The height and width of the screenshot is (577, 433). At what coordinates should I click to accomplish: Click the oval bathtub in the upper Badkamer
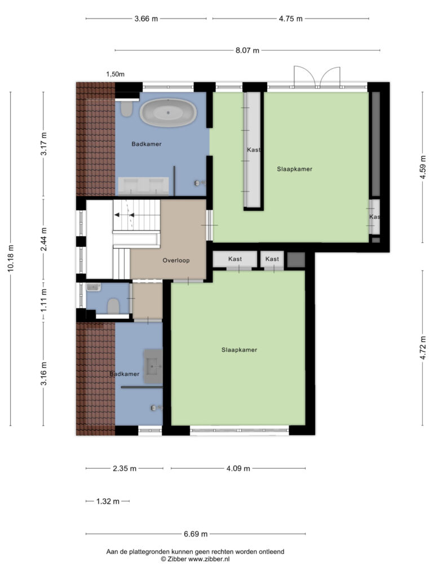point(168,113)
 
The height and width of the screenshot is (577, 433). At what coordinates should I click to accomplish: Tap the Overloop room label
point(176,260)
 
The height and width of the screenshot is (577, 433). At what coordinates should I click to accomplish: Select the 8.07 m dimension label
point(248,50)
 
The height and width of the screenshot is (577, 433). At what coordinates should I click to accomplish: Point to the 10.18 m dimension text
point(10,259)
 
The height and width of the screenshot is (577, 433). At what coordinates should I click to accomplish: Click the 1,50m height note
point(115,74)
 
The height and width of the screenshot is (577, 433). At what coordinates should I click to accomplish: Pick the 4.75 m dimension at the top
point(290,19)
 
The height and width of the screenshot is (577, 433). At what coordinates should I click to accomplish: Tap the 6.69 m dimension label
point(196,534)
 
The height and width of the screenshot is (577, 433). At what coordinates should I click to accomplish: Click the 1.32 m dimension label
point(108,501)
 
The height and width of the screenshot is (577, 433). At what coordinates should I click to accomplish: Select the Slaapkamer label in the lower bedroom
point(239,350)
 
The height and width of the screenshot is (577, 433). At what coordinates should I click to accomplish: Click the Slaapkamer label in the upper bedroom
point(294,169)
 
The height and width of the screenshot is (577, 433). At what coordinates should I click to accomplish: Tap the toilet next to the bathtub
point(127,109)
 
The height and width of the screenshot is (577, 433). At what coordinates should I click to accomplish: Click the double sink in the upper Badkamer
point(143,186)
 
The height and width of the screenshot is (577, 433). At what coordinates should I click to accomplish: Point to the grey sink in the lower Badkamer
point(153,366)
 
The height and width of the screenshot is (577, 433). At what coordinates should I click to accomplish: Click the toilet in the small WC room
point(113,306)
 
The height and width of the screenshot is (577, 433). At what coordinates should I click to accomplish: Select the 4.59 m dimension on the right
point(423,167)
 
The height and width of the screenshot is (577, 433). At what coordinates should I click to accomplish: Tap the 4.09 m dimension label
point(238,468)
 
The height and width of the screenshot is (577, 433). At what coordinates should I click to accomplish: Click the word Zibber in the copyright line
point(177,559)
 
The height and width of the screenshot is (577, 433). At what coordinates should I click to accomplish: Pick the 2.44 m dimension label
point(43,239)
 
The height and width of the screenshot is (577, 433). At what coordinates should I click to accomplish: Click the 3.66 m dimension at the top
point(146,19)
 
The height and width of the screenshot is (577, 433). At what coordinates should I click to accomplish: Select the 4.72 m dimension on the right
point(423,348)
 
